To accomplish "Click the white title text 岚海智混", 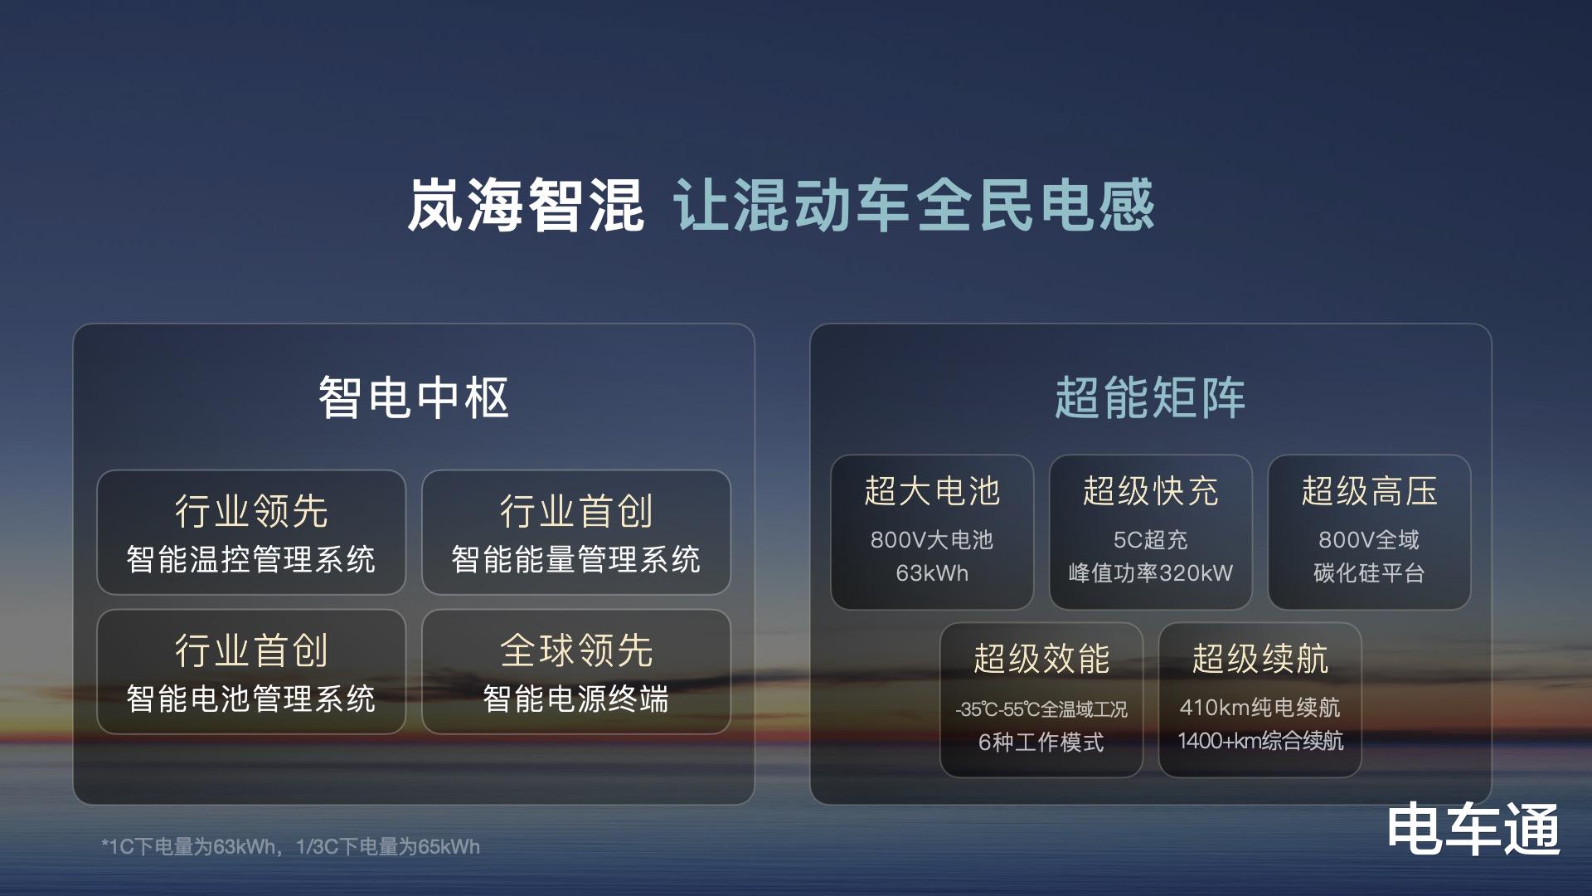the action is point(526,205).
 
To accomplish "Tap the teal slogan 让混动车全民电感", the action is point(914,205).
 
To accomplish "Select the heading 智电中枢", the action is point(414,397).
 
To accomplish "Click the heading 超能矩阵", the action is point(1150,397).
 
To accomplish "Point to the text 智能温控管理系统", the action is point(251,559).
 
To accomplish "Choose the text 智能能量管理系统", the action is point(576,559).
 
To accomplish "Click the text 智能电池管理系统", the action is point(251,699).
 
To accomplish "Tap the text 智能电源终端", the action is point(576,699).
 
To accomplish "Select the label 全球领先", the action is point(576,650).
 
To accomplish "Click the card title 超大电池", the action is point(932,491).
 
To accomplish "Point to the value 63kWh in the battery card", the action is point(932,573).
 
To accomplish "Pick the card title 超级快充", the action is point(1151,491).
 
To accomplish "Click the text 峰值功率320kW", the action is point(1151,573).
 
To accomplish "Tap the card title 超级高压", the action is point(1370,491).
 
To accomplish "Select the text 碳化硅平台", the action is point(1370,573).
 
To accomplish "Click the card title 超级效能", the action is point(1041,659).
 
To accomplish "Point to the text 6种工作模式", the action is point(1041,742).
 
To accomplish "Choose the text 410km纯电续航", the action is point(1260,708).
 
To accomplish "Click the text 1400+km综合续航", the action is point(1260,741).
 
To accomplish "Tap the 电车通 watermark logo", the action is point(1473,828).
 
